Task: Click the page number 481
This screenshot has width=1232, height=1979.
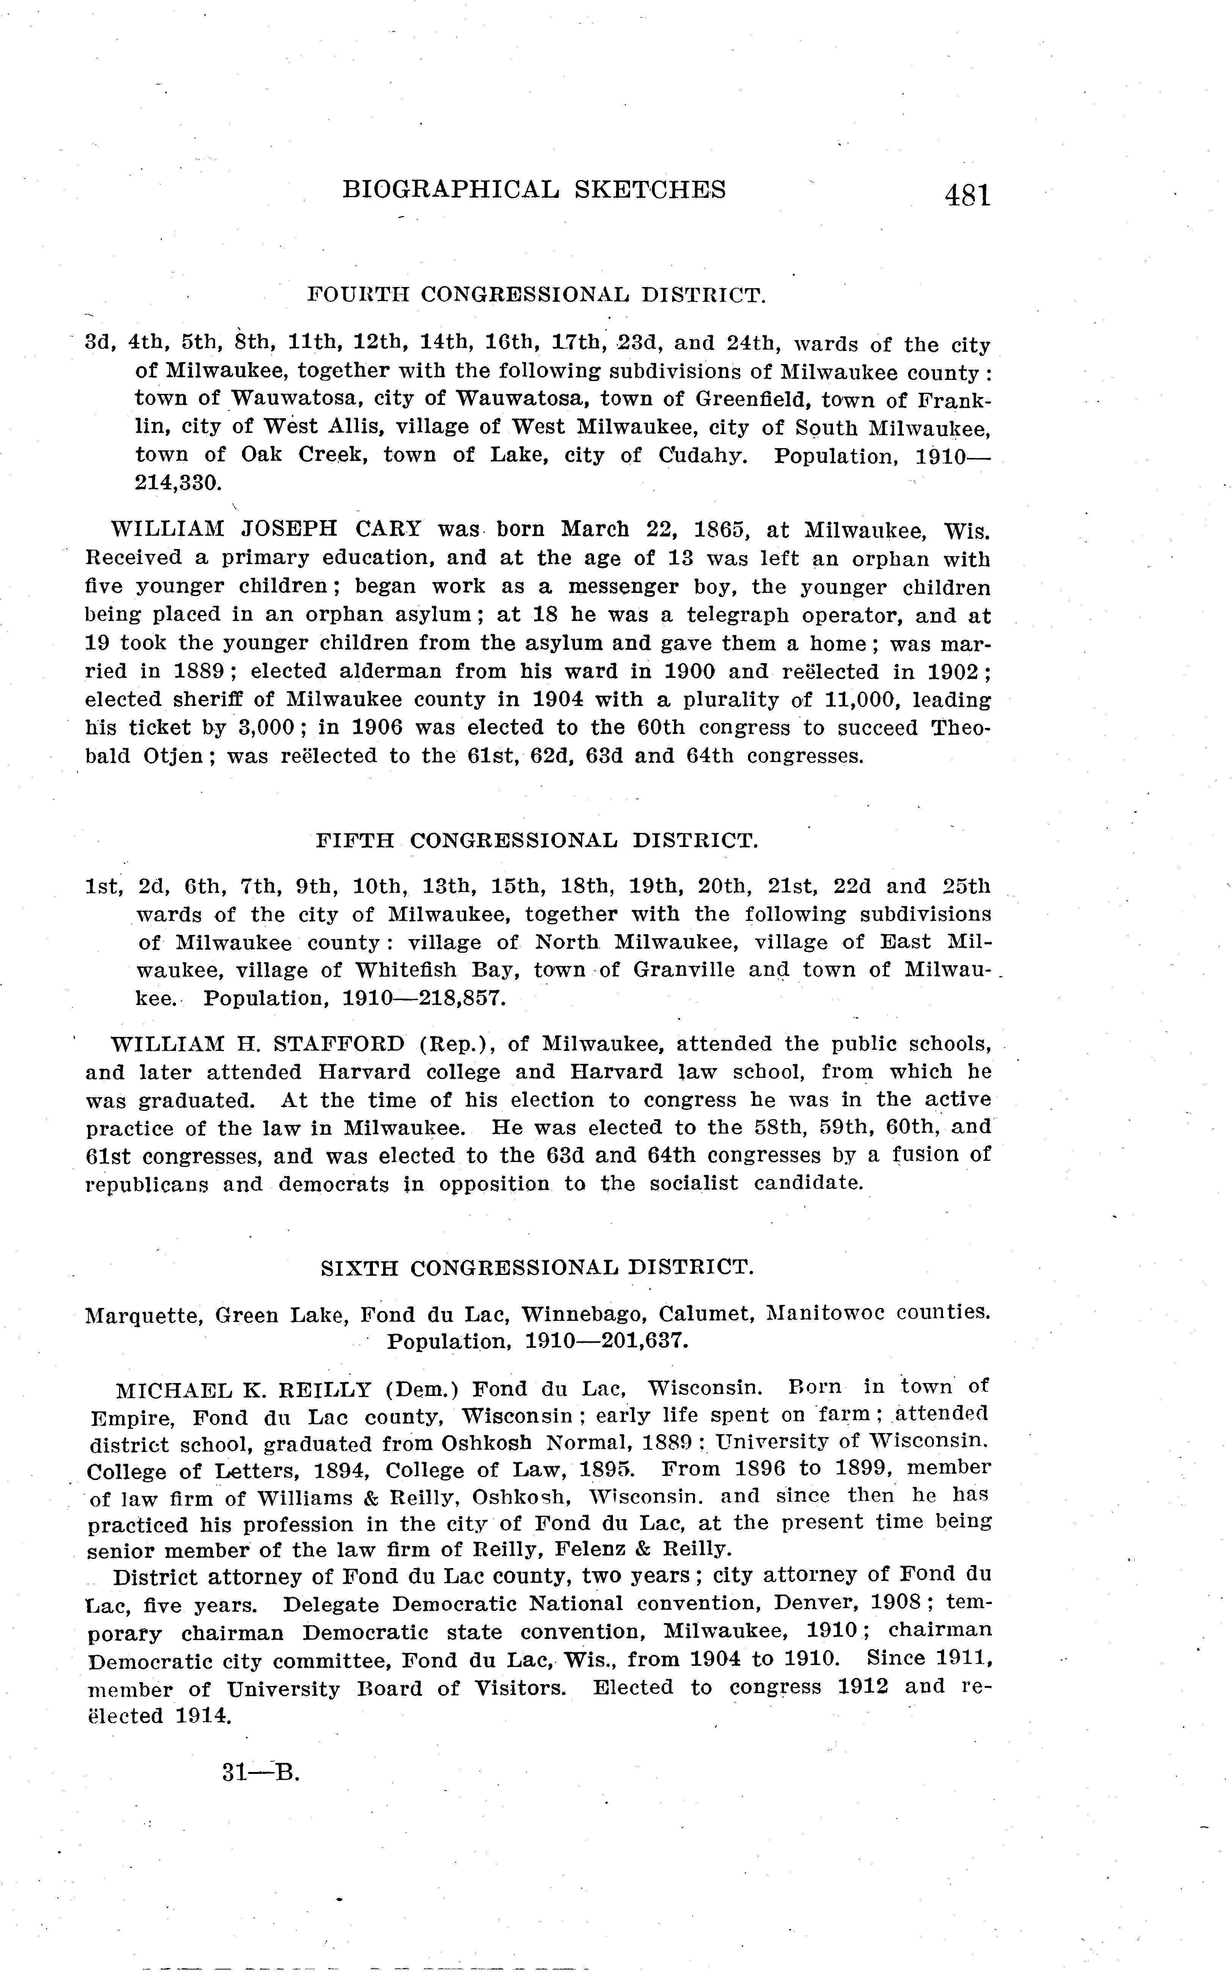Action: click(x=967, y=196)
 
